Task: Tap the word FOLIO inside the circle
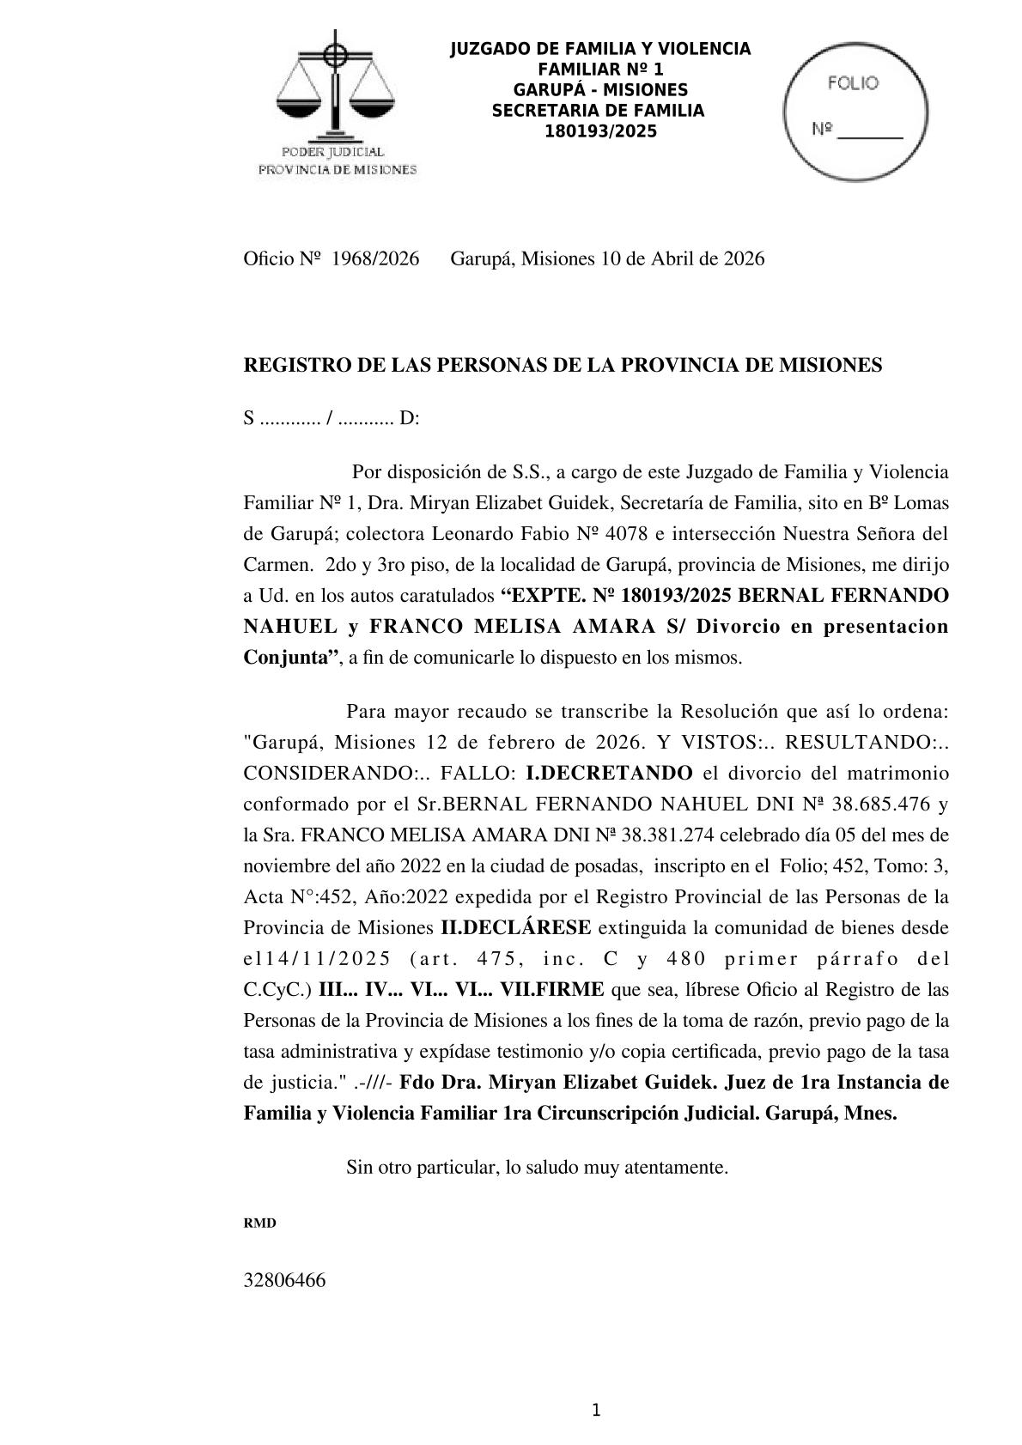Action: [x=853, y=83]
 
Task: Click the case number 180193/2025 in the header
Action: [x=600, y=131]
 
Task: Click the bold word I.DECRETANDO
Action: [x=609, y=773]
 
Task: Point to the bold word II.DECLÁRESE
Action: [x=515, y=928]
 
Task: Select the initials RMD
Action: [x=260, y=1223]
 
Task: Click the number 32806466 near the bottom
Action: [x=285, y=1280]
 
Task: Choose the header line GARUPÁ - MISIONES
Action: [x=600, y=90]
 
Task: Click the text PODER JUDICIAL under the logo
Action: [x=338, y=153]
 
